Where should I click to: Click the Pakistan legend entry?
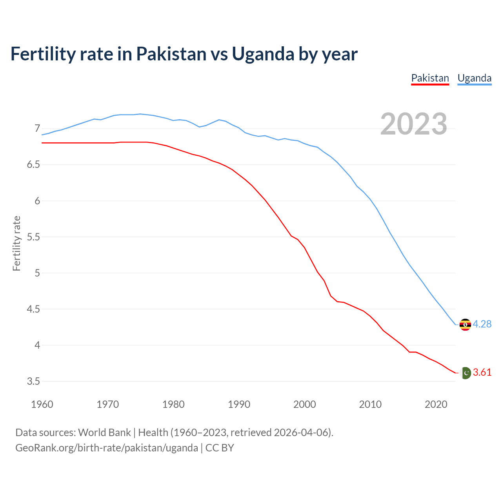pyautogui.click(x=430, y=78)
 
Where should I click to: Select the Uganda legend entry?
pyautogui.click(x=475, y=78)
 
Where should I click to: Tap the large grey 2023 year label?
pyautogui.click(x=414, y=124)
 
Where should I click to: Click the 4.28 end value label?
pyautogui.click(x=482, y=324)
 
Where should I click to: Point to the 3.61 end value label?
pyautogui.click(x=482, y=372)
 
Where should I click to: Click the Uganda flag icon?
pyautogui.click(x=465, y=325)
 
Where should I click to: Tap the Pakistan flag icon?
pyautogui.click(x=466, y=373)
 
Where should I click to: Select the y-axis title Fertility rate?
pyautogui.click(x=16, y=243)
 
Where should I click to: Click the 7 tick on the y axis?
pyautogui.click(x=37, y=129)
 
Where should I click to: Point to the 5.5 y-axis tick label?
pyautogui.click(x=33, y=237)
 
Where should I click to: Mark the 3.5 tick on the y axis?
pyautogui.click(x=33, y=381)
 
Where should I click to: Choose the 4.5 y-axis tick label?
pyautogui.click(x=33, y=309)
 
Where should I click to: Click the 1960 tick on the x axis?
pyautogui.click(x=42, y=404)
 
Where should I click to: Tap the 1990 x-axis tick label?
pyautogui.click(x=239, y=404)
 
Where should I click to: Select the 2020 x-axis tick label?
pyautogui.click(x=436, y=404)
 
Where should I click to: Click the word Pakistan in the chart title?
pyautogui.click(x=171, y=54)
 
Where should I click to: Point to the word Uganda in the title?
pyautogui.click(x=263, y=54)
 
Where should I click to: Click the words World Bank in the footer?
pyautogui.click(x=104, y=433)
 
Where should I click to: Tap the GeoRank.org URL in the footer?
pyautogui.click(x=107, y=448)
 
